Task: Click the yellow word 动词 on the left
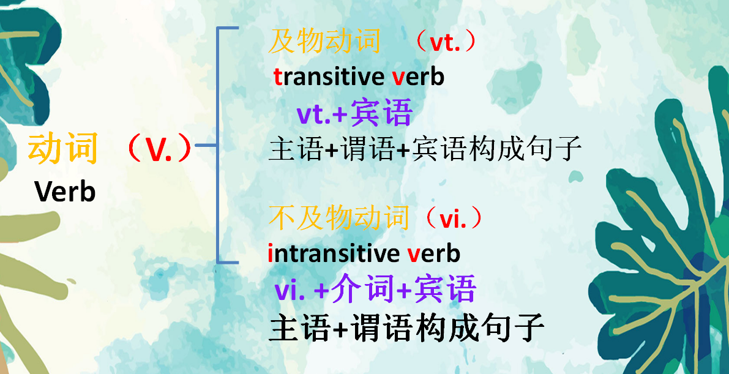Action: pos(63,149)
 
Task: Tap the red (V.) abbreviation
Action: pos(157,149)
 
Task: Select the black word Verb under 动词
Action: pos(65,192)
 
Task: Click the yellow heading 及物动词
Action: pos(325,42)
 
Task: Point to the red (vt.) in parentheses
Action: pos(445,43)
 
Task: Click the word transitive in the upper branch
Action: pos(327,77)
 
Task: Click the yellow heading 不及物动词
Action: pos(338,218)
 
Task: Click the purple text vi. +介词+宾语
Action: pos(375,290)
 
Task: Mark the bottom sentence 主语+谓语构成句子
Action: pos(406,327)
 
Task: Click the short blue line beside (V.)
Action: pos(207,146)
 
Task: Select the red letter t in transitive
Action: pos(278,78)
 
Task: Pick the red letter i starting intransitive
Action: pos(270,253)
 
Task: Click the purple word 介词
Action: pos(362,290)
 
